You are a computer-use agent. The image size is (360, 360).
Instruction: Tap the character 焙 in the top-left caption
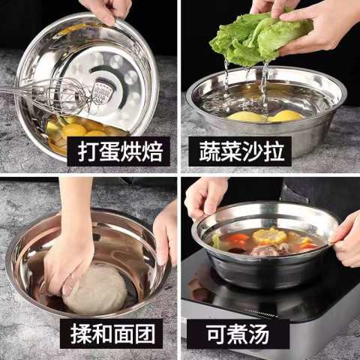(152, 151)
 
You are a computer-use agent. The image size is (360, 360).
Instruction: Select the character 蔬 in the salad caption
(209, 151)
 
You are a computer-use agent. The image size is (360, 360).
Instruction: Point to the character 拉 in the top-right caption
(274, 151)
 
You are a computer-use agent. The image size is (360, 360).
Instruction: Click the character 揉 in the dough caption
(80, 334)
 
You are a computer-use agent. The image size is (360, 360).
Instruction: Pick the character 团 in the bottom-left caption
(145, 334)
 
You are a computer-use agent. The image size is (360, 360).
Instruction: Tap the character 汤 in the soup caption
(259, 334)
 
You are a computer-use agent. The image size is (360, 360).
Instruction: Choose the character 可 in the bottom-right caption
(217, 334)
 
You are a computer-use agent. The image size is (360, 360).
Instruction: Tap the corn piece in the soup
(269, 235)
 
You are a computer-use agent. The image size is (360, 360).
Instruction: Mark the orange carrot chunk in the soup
(237, 238)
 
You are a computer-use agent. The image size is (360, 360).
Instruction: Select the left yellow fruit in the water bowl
(246, 117)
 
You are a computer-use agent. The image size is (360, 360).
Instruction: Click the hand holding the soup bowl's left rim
(204, 197)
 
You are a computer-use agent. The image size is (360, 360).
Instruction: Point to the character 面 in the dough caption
(124, 334)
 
